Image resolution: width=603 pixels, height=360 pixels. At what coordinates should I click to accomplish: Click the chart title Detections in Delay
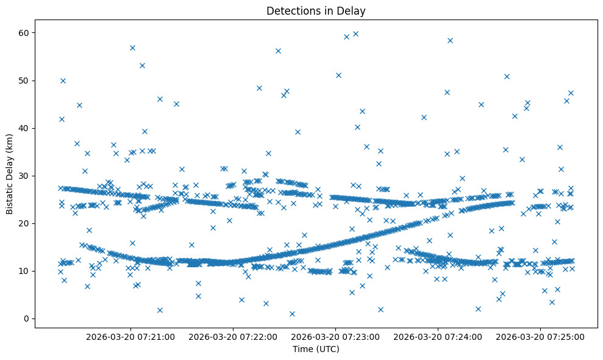[x=316, y=10]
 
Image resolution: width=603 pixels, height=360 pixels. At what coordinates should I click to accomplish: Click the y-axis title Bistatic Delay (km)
[x=10, y=174]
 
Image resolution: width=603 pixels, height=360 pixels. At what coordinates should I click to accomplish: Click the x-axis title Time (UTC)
[x=316, y=349]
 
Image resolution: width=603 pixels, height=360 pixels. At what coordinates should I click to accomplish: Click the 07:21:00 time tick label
[x=130, y=336]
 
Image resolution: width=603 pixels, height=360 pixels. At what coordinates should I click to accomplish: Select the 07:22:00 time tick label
[x=233, y=336]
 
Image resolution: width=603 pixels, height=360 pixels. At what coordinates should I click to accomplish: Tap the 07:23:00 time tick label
[x=335, y=336]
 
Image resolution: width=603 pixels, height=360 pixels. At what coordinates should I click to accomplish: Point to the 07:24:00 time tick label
[x=438, y=336]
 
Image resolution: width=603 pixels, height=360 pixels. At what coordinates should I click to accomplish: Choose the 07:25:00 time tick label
[x=540, y=336]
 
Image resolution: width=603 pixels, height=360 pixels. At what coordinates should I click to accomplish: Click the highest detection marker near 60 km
[x=355, y=34]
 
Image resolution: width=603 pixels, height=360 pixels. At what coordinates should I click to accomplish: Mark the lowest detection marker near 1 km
[x=292, y=314]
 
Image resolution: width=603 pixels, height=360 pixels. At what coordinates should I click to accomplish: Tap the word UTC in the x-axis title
[x=329, y=349]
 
